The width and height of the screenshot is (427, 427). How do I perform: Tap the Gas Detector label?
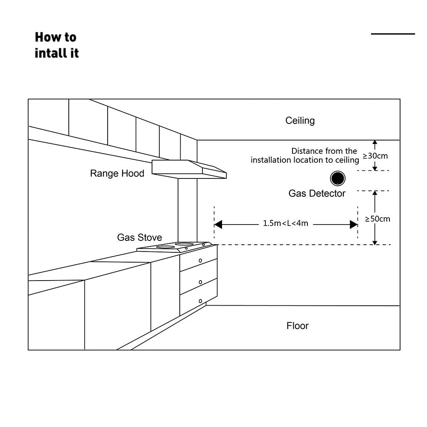pos(317,193)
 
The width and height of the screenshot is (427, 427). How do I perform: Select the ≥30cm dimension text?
pos(375,156)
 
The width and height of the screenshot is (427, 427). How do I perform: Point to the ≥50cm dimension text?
pos(377,219)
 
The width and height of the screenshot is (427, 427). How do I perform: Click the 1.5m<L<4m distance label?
pos(286,223)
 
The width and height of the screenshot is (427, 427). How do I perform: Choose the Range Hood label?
pos(117,173)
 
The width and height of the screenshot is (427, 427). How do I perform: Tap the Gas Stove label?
pos(140,237)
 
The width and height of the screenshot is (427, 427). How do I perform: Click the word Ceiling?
pos(300,120)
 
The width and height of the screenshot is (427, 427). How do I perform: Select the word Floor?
pos(297,326)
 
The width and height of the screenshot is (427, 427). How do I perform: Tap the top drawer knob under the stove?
pos(200,260)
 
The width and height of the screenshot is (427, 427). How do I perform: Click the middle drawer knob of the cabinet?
pos(200,282)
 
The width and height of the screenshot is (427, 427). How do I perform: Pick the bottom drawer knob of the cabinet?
pos(200,301)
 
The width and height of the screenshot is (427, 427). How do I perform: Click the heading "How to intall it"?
pos(56,45)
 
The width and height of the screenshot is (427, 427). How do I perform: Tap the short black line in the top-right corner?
pos(393,34)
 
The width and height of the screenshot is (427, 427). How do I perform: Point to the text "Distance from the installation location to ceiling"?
pos(305,155)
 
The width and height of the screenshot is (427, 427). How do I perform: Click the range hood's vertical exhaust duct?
pos(187,209)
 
